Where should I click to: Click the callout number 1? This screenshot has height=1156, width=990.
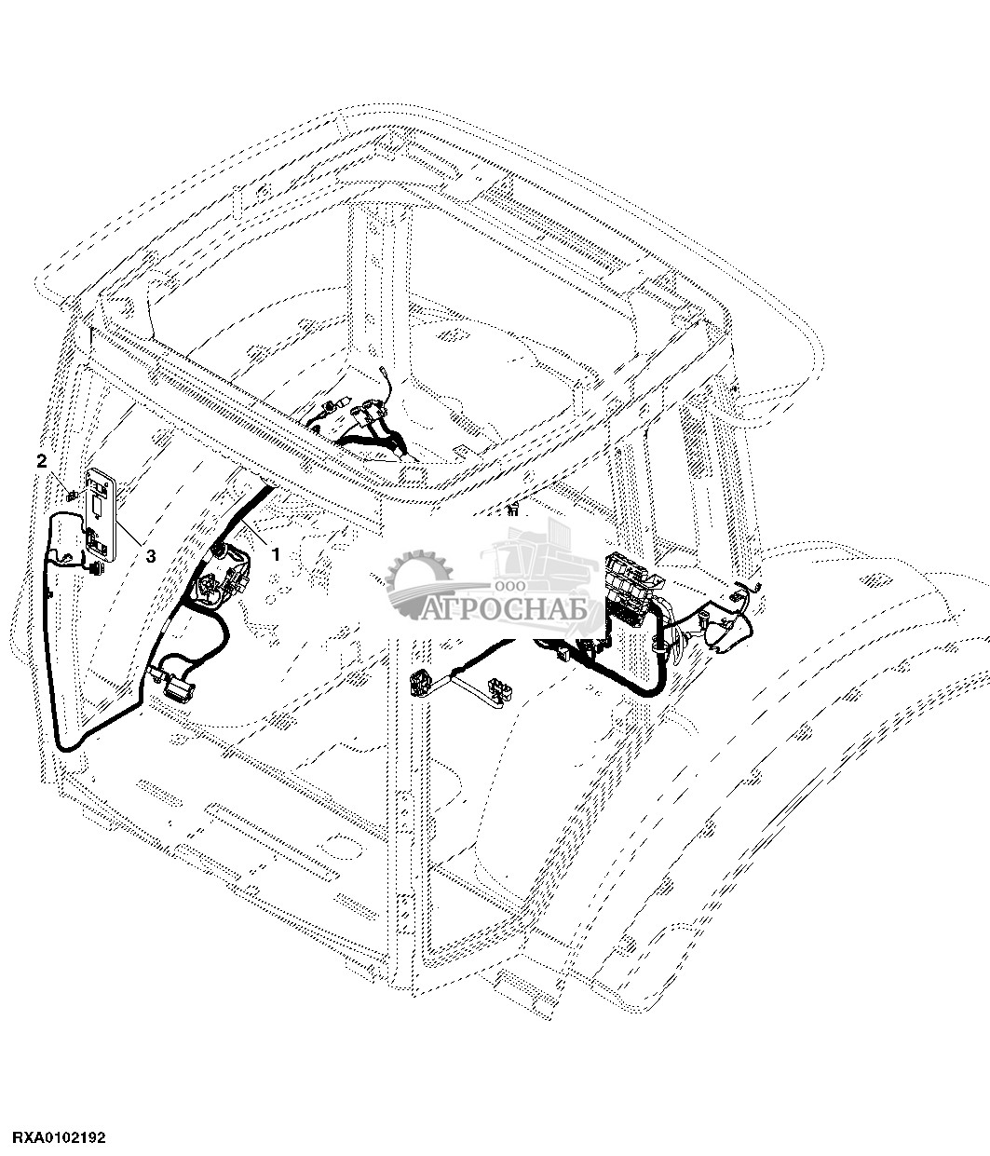(x=275, y=553)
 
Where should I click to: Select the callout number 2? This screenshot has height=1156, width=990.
(x=41, y=460)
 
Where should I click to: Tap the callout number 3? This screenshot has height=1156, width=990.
(x=151, y=555)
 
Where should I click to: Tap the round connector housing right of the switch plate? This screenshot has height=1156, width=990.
(x=224, y=573)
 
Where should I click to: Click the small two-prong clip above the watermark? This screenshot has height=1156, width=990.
(x=512, y=510)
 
